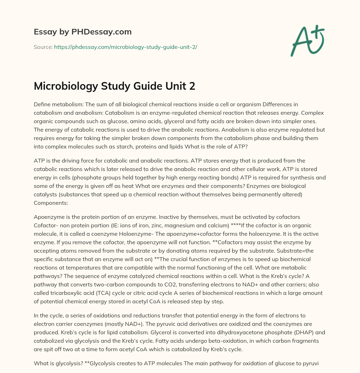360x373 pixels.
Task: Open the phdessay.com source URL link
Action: (126, 47)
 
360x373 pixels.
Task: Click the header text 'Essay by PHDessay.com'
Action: (83, 32)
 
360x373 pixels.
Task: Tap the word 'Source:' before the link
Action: (43, 47)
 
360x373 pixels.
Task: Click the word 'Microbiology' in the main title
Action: (63, 86)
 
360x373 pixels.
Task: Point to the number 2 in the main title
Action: (192, 86)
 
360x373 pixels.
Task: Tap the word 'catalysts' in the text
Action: (45, 194)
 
